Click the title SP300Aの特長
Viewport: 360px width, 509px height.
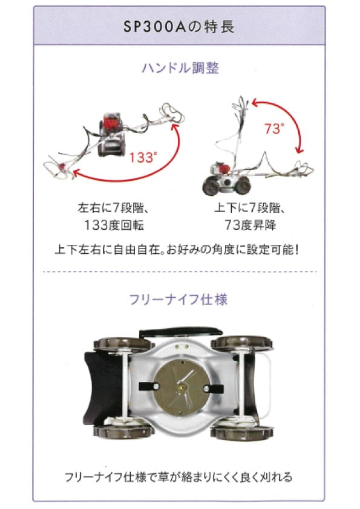point(179,27)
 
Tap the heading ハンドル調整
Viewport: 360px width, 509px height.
point(180,68)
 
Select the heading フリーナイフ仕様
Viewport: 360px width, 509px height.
point(178,299)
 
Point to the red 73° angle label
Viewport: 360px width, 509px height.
point(274,129)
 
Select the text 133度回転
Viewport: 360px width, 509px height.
point(114,225)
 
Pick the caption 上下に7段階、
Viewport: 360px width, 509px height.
point(250,208)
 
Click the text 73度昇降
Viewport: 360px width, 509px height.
point(250,225)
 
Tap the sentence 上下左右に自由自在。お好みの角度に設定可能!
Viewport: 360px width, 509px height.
point(177,250)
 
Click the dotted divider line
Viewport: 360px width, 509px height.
point(180,271)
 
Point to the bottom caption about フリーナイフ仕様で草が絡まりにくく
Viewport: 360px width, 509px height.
point(178,477)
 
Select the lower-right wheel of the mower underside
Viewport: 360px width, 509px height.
point(242,432)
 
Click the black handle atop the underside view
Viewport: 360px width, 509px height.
point(181,332)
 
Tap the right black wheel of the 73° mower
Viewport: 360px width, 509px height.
point(243,186)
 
